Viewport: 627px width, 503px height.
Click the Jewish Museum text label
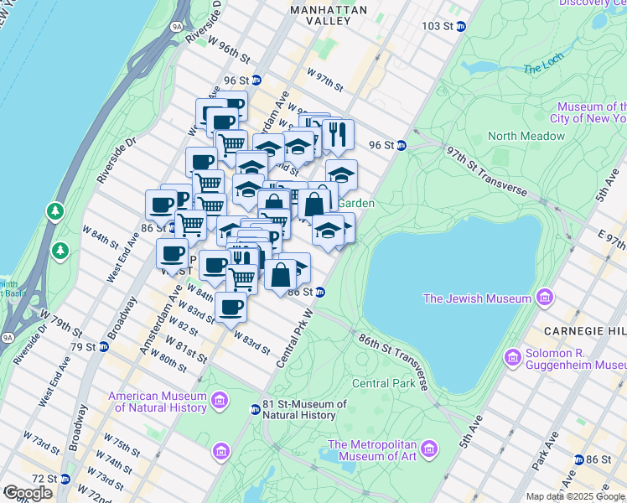tap(477, 298)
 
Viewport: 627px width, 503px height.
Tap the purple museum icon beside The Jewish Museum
tap(546, 298)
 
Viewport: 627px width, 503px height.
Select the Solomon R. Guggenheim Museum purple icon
tap(513, 359)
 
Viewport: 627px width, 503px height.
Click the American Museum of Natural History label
tap(157, 402)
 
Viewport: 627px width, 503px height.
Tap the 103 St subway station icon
tap(460, 26)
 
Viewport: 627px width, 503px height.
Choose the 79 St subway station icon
tap(102, 347)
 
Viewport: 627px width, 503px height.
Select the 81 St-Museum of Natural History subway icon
tap(256, 409)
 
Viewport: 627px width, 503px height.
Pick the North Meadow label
tap(526, 136)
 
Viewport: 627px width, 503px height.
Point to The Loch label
tap(544, 67)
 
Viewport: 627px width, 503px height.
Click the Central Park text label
tap(384, 383)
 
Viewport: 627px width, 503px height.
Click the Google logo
tap(28, 492)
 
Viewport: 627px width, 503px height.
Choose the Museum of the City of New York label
tap(592, 112)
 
